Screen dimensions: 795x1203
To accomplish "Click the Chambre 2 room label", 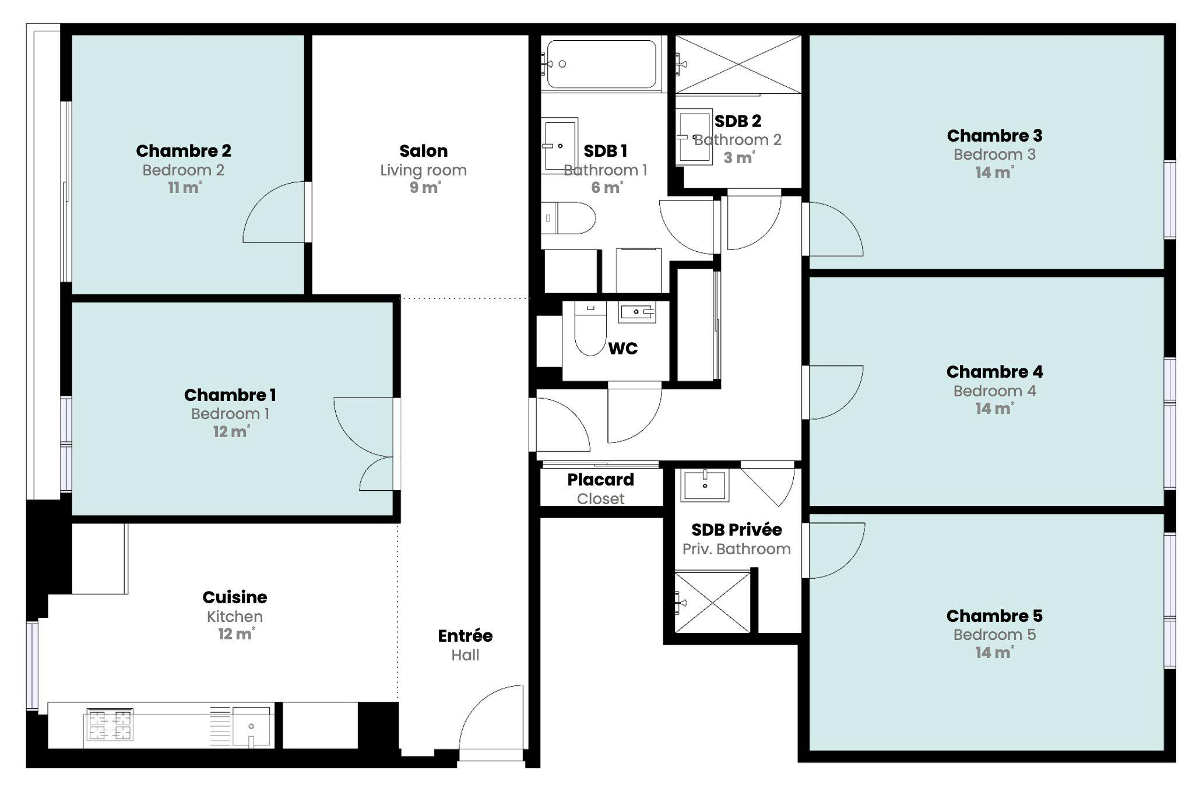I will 184,151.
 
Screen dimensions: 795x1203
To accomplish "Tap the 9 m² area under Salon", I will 424,188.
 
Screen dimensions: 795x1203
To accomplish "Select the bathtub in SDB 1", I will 601,64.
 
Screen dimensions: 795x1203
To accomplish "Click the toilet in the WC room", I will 590,331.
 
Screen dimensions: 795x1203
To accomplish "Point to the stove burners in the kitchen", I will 110,724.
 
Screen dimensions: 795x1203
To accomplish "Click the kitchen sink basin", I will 251,726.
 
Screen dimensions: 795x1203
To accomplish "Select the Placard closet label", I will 600,480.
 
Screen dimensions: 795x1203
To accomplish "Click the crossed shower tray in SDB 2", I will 738,64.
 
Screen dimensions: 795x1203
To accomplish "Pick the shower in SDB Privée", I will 712,603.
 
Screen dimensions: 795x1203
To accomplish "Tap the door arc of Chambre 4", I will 833,392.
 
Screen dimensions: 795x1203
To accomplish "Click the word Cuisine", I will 234,597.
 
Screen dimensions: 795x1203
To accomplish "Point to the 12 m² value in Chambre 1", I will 231,432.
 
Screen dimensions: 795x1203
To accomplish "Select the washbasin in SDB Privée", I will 705,486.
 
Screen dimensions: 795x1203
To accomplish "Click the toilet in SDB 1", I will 568,218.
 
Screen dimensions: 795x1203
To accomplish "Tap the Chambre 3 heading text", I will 994,136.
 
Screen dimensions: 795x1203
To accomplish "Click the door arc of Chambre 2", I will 275,213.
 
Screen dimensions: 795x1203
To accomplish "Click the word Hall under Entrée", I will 465,655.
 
